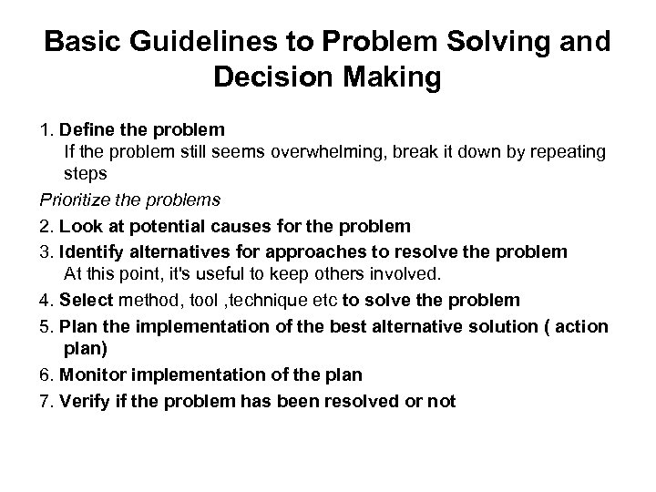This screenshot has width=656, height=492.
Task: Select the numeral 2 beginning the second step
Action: tap(44, 225)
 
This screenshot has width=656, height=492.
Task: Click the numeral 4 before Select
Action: tap(44, 300)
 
